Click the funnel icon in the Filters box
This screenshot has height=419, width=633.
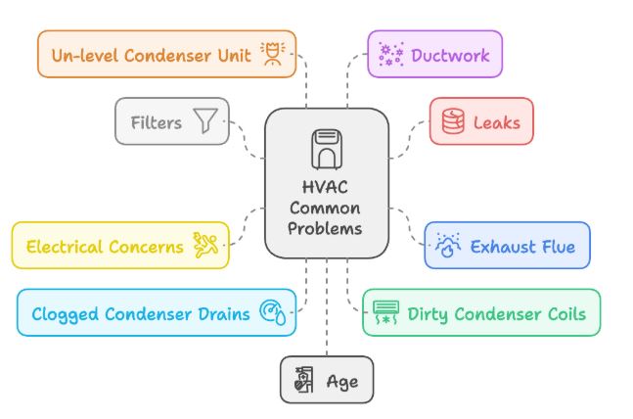205,121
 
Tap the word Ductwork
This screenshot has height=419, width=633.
450,54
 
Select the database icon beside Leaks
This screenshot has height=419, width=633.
453,122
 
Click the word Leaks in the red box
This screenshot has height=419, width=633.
496,123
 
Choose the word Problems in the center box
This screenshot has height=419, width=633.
327,228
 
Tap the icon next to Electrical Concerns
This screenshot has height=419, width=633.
206,246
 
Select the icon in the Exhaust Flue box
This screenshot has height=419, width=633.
448,246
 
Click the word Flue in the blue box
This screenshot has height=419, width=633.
551,246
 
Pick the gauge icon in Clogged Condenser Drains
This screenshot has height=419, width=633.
271,313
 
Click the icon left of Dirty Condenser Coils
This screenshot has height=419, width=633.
385,313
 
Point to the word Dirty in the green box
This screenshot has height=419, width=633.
429,314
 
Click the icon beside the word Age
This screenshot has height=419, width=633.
304,381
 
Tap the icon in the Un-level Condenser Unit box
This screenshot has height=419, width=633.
272,54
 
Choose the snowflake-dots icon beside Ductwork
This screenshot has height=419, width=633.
391,54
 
